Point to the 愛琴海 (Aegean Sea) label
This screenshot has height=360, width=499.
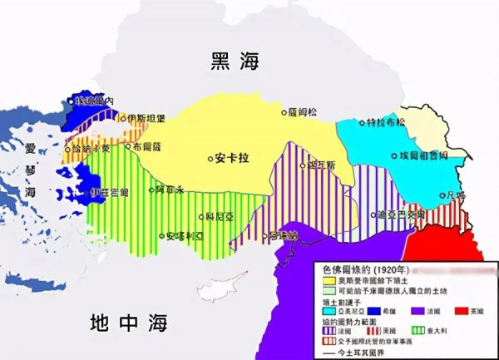coord(31,170)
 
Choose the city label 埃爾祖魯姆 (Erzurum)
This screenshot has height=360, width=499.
coord(420,155)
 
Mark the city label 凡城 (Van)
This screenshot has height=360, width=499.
coord(456,195)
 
